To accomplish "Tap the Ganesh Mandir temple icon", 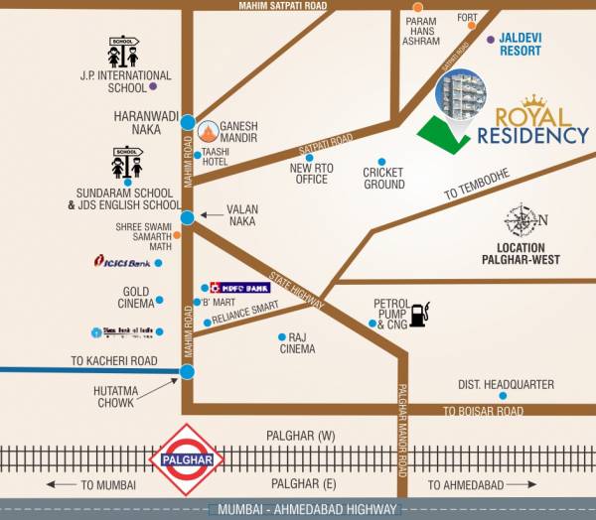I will click(x=209, y=130).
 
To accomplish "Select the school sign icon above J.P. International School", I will click(x=125, y=51).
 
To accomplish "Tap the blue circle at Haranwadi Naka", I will click(x=188, y=122).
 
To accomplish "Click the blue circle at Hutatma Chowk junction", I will click(x=187, y=372).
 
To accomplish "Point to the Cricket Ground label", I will click(x=383, y=178).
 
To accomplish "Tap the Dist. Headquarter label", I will click(x=505, y=385).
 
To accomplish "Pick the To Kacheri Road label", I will click(x=114, y=360).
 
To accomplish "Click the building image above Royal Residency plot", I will click(x=462, y=99).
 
